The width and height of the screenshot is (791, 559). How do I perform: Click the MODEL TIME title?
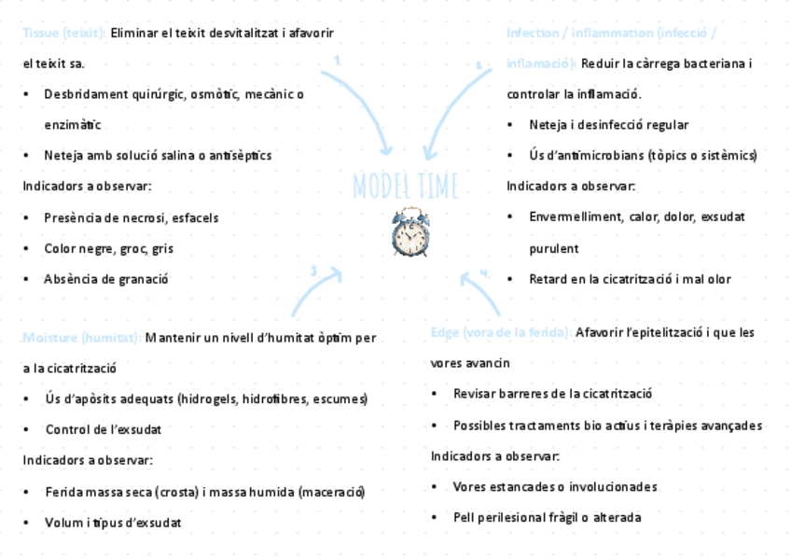pos(406,187)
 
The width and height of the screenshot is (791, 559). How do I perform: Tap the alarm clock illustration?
pos(410,232)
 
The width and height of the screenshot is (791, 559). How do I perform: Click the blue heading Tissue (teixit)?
pos(63,34)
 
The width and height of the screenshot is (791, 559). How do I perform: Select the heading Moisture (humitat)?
pos(81,338)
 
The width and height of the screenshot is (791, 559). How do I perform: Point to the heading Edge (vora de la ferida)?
pos(501,333)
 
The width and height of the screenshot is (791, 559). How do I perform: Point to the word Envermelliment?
pos(570,217)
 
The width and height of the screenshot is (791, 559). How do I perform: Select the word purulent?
pos(554,249)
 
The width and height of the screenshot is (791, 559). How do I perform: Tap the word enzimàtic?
pos(72,125)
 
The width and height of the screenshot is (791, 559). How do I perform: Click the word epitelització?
pos(669,333)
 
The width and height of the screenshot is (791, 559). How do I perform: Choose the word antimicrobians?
pos(597,156)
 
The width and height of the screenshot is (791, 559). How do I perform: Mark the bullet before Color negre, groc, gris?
pos(27,249)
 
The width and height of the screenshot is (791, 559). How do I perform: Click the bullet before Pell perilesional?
pos(436,518)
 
